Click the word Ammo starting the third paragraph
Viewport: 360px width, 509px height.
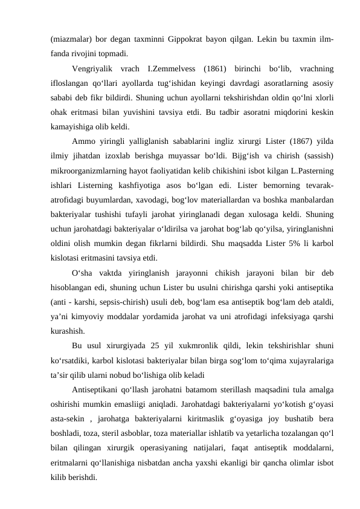(83, 141)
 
